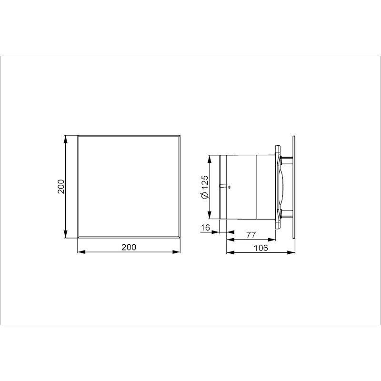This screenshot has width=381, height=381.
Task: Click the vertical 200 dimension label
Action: coord(61,186)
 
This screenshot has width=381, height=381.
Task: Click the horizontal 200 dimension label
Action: coord(129,247)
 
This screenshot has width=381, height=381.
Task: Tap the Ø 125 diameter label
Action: coord(205,187)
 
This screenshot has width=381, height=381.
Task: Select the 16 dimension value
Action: coord(205,228)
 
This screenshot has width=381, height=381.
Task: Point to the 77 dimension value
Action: coord(251,235)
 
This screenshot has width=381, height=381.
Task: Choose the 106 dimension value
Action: coord(261,248)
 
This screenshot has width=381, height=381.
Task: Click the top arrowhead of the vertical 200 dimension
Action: coord(65,140)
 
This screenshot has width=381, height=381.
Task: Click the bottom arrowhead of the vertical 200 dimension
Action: coord(65,233)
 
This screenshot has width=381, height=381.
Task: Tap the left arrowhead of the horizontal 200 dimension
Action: coord(81,252)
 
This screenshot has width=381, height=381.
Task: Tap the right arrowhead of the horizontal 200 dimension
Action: coord(176,252)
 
